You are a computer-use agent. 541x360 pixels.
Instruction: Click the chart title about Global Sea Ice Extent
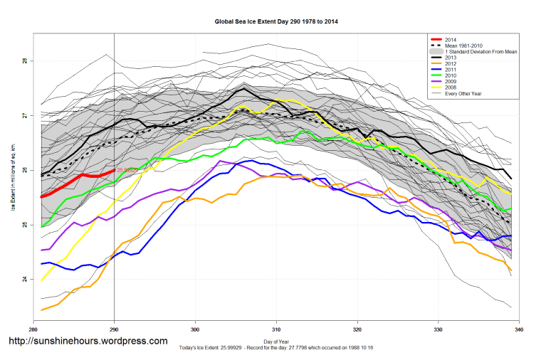point(276,22)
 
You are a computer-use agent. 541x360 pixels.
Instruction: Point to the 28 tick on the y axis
point(24,61)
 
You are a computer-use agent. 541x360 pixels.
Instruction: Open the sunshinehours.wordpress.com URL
point(88,342)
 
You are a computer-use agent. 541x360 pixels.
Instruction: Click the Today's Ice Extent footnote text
point(276,349)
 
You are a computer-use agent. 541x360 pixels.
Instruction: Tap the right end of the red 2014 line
point(114,170)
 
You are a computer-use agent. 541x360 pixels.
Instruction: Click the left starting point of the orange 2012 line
point(42,310)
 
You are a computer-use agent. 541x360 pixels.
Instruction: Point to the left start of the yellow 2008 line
point(42,280)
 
